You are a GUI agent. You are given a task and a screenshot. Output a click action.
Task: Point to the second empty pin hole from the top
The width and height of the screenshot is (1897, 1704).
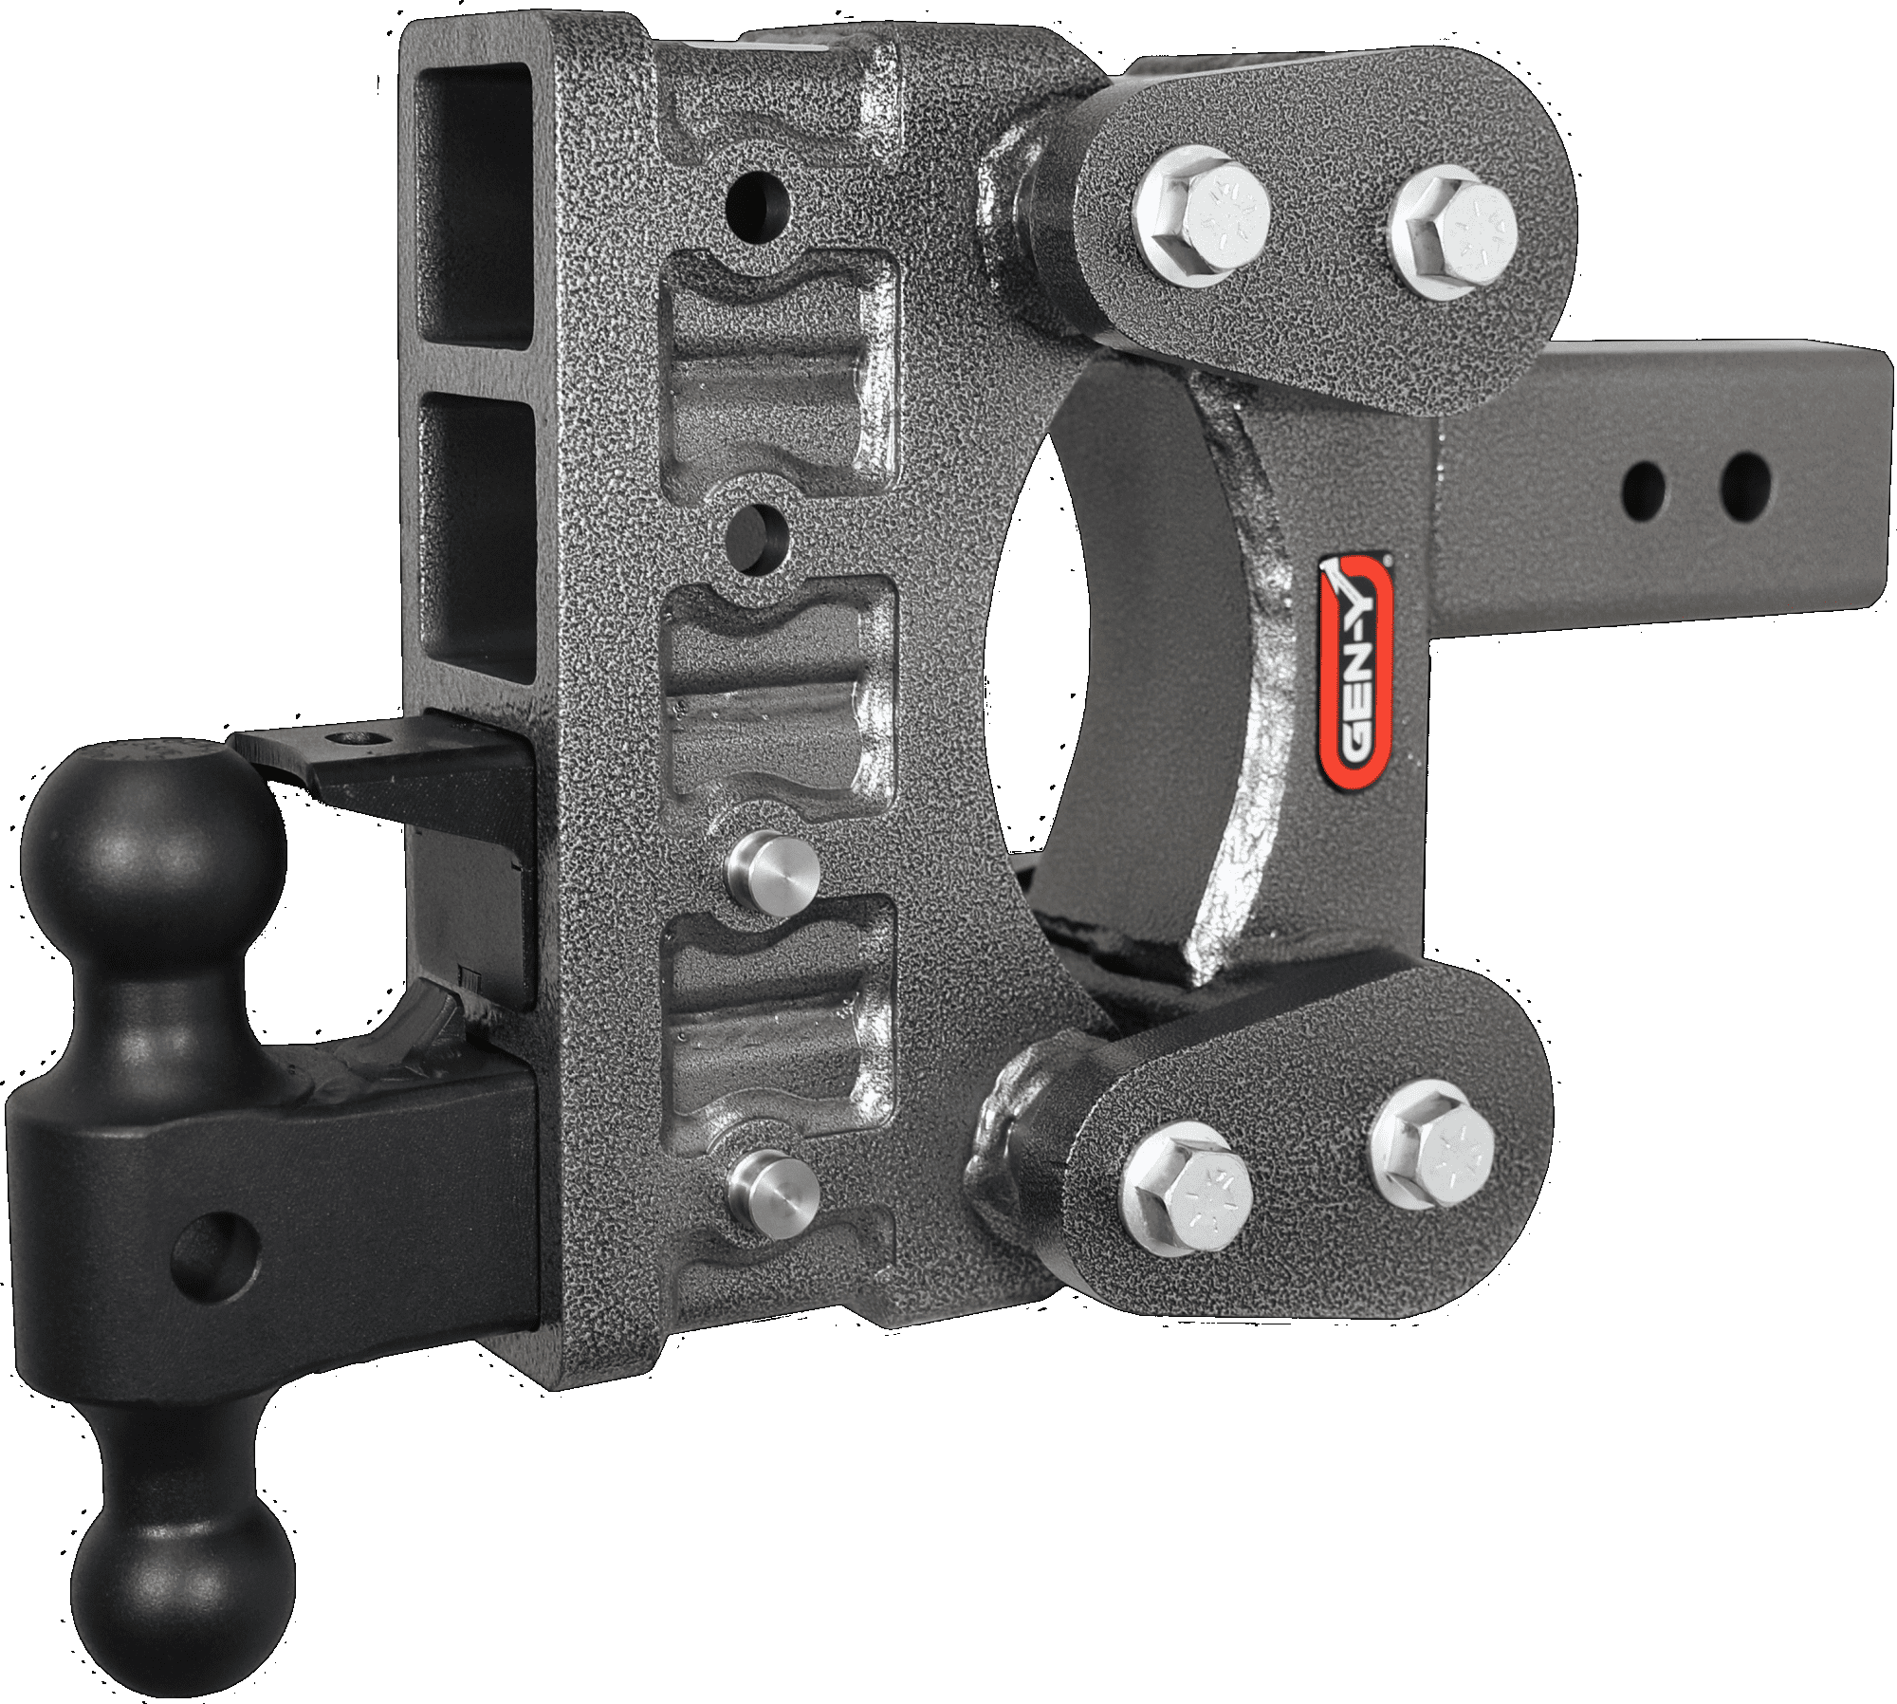[x=758, y=532]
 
